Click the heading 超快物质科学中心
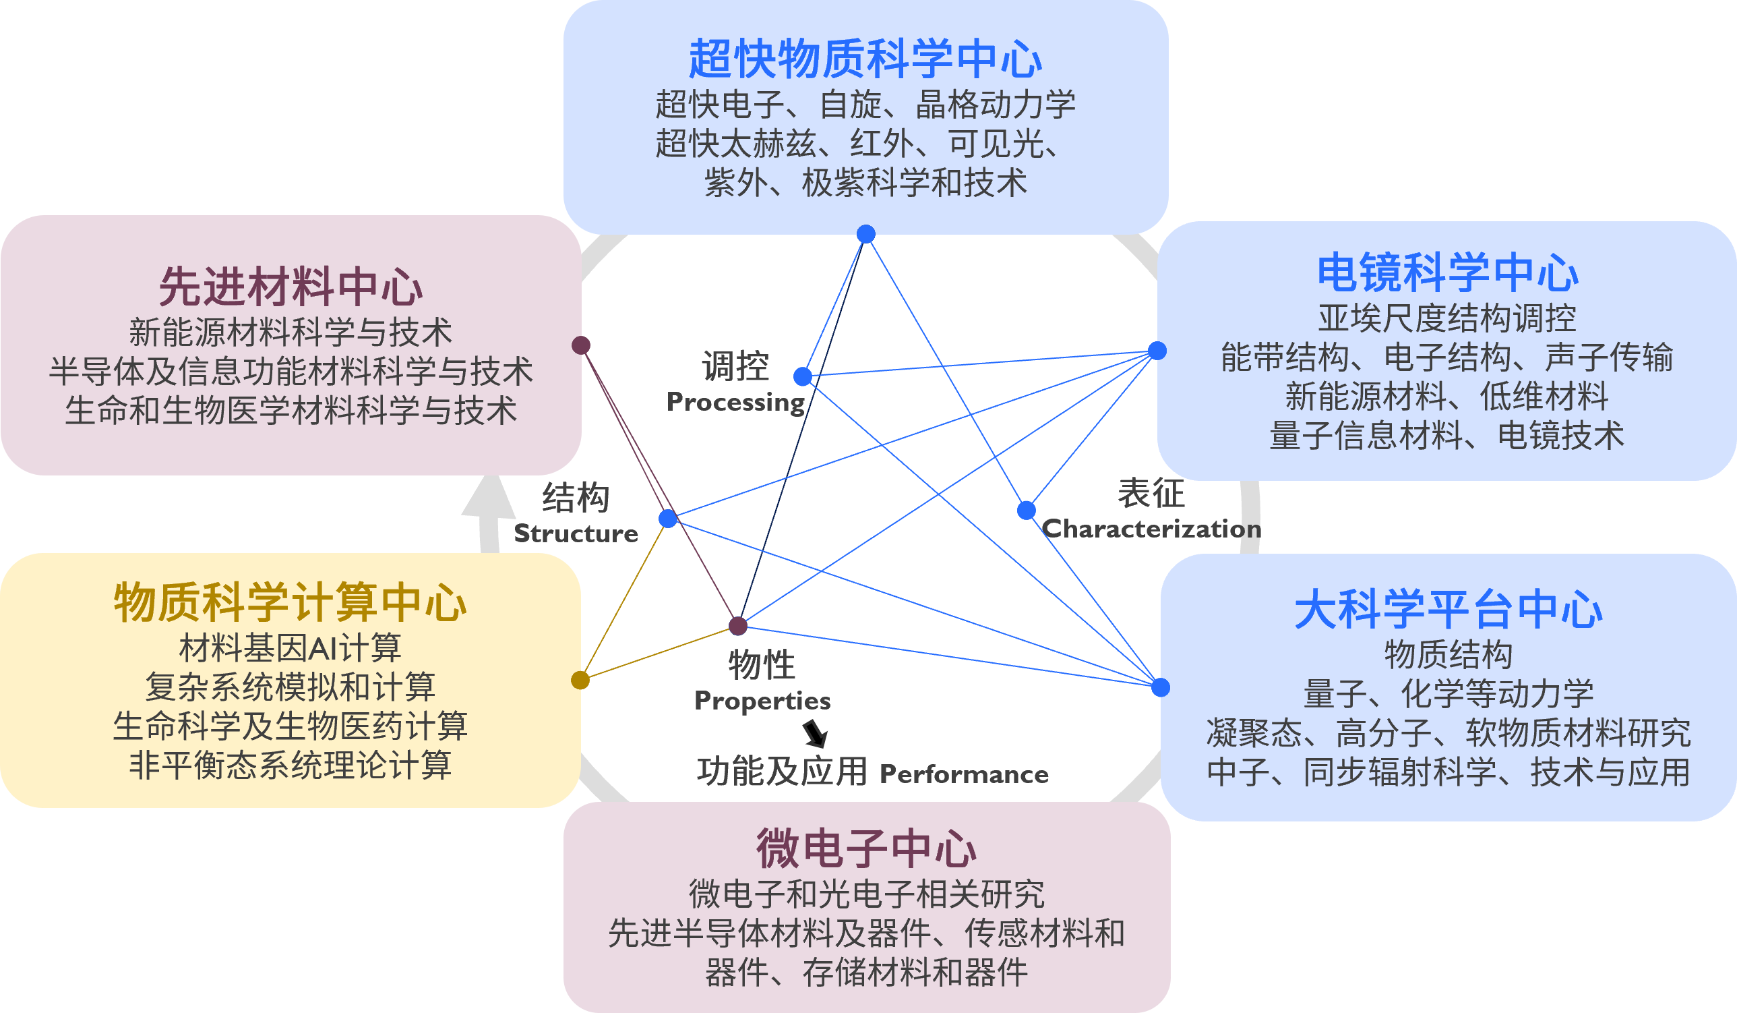[x=865, y=59]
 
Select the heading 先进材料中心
[x=291, y=287]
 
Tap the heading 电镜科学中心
[x=1448, y=273]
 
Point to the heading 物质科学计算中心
[x=291, y=603]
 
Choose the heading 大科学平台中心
[x=1449, y=610]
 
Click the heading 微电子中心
[x=866, y=849]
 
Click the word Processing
[x=735, y=402]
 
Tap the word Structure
[x=576, y=533]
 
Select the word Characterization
[x=1151, y=529]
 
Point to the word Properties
[x=762, y=701]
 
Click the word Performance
[x=964, y=774]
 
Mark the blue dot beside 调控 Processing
[x=802, y=376]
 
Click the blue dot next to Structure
[x=668, y=519]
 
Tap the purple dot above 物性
[x=738, y=625]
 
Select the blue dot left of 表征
[x=1027, y=511]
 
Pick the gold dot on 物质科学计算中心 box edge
[x=580, y=681]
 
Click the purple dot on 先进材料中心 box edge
[x=581, y=345]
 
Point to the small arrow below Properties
[x=816, y=734]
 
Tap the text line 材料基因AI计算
[x=291, y=647]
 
